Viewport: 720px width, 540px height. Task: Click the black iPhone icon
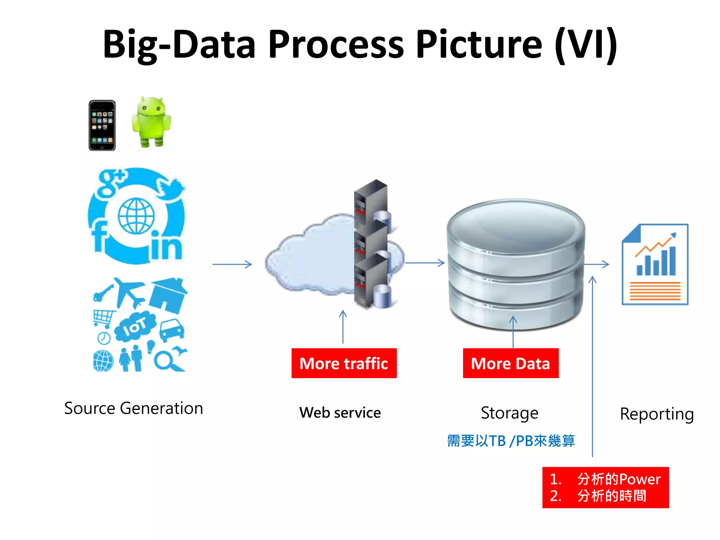point(102,126)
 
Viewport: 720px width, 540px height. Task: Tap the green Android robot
point(151,122)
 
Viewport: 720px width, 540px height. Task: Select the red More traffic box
point(344,363)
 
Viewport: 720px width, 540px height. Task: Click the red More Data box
point(510,363)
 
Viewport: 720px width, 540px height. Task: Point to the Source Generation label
point(134,409)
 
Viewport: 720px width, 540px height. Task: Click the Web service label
point(340,413)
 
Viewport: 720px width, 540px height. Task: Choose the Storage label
point(509,413)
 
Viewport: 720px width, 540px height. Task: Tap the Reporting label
point(657,414)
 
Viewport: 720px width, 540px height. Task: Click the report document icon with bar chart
point(655,264)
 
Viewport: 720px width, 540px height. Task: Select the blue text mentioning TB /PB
point(511,441)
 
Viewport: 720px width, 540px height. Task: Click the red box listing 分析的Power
point(605,488)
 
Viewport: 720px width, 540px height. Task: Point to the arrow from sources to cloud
point(232,264)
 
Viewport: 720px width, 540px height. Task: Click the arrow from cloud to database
point(425,263)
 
